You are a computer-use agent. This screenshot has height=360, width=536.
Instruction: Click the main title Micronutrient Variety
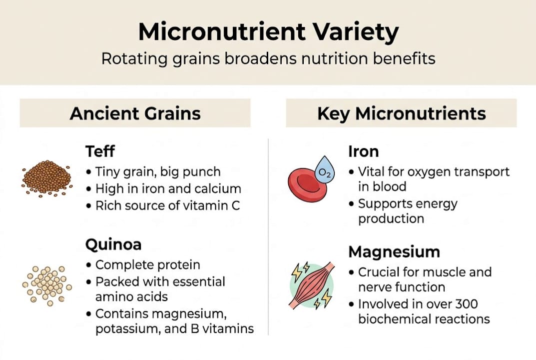click(268, 32)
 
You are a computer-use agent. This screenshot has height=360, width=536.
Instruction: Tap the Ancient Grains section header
click(135, 113)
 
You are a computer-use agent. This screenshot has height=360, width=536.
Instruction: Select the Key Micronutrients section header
click(401, 113)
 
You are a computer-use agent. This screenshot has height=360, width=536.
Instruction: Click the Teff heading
click(100, 151)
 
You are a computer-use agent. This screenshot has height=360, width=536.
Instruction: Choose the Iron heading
click(363, 151)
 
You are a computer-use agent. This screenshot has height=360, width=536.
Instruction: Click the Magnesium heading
click(394, 251)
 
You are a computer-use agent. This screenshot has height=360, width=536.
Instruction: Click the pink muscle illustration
click(311, 284)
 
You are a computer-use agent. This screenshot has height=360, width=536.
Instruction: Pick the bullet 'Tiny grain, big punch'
click(157, 172)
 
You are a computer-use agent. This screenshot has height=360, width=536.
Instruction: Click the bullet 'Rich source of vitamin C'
click(167, 205)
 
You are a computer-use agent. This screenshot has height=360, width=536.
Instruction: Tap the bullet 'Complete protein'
click(147, 265)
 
